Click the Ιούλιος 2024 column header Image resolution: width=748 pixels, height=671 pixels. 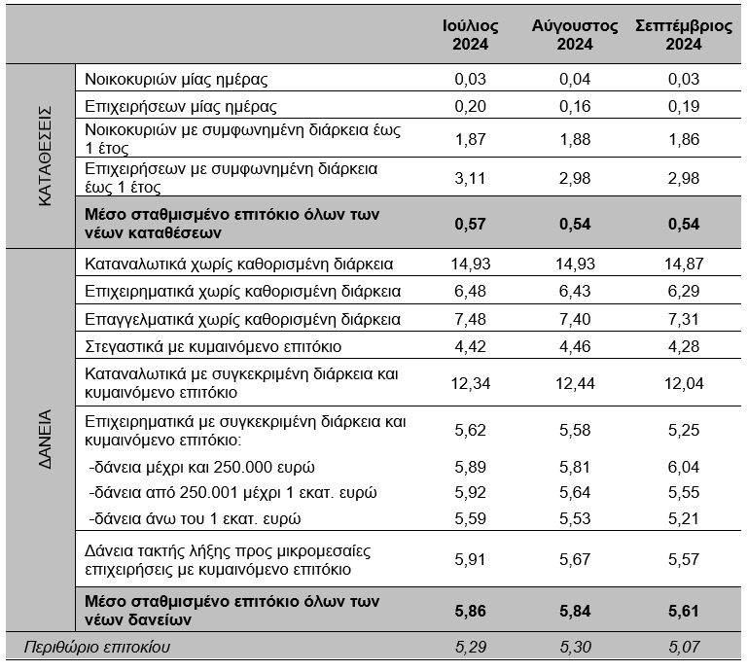471,35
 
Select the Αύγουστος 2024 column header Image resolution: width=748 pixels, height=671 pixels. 575,35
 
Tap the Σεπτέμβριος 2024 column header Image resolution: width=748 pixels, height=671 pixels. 684,35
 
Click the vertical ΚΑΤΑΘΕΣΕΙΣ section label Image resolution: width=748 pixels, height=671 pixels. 45,156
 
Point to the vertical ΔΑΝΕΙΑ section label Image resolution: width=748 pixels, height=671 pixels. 45,439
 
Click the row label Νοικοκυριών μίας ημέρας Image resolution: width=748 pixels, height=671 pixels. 176,79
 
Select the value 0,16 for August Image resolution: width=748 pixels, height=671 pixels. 575,106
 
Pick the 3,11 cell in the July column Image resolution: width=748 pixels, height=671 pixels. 471,178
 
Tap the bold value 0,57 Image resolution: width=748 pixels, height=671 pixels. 471,224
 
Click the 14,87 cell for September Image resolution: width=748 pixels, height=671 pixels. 684,264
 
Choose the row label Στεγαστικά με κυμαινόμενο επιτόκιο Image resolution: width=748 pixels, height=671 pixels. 213,346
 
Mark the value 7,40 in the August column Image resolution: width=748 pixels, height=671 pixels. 575,319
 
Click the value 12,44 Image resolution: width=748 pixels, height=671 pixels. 575,383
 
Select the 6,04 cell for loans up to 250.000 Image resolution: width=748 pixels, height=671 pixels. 684,467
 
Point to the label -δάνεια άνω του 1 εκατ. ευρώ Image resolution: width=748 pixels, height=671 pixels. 195,518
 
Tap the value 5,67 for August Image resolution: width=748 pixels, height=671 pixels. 575,559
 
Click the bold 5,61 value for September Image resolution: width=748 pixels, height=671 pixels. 684,611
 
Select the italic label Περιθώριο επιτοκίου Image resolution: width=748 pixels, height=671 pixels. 97,647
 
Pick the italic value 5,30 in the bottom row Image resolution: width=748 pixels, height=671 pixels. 575,647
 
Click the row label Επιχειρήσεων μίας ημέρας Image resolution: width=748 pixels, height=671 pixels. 181,106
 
